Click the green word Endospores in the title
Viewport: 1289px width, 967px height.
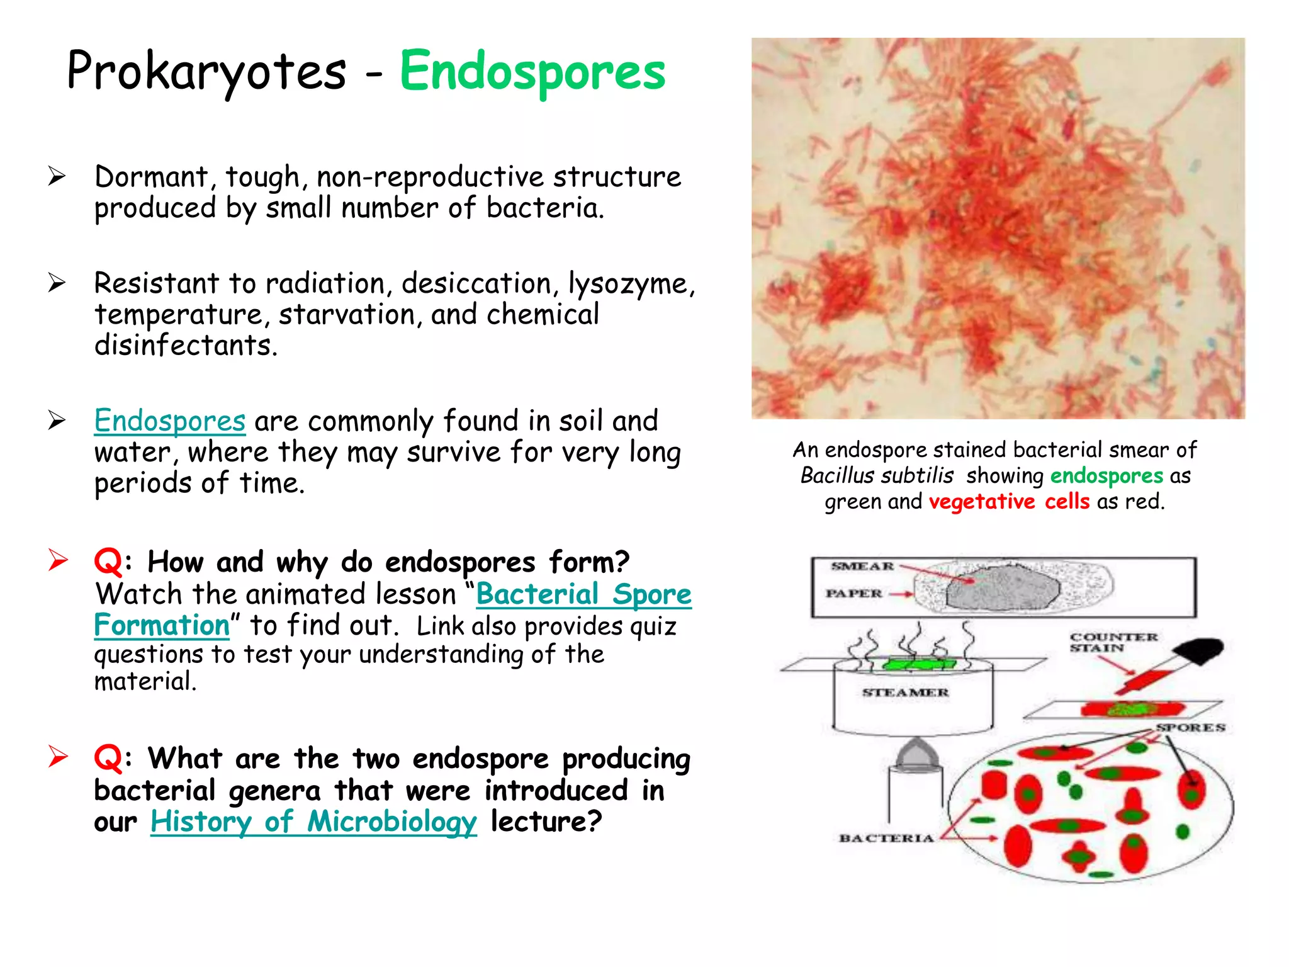532,72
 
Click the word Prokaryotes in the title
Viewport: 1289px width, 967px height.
206,72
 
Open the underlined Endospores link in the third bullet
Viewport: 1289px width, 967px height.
169,421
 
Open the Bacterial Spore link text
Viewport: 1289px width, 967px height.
583,594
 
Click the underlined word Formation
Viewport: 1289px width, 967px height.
162,625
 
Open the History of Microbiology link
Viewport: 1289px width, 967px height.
313,821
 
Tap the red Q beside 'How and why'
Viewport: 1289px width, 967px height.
108,561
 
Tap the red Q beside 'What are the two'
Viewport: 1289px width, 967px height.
108,757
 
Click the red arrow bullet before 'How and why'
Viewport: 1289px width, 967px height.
58,560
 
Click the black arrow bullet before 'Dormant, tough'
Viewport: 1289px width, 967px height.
57,176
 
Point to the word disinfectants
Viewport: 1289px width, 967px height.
185,345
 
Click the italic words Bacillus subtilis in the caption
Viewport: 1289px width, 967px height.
877,475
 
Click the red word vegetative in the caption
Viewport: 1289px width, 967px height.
982,502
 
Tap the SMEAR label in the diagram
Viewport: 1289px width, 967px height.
862,566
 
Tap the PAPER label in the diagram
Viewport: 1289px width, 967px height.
854,594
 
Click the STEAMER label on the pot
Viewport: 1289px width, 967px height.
905,693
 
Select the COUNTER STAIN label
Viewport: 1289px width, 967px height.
1113,642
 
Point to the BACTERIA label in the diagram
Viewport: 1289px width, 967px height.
886,838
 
